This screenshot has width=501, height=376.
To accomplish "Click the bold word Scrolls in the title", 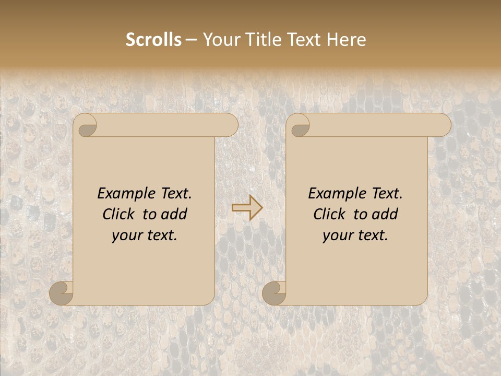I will pos(153,40).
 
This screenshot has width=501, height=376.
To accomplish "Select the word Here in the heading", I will pos(346,40).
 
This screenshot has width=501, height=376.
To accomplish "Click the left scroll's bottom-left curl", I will pos(62,292).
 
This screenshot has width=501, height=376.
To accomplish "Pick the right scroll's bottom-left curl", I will pos(274,292).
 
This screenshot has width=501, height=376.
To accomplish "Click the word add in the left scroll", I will pos(175,214).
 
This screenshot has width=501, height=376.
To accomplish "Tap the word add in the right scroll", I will pos(386,214).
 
